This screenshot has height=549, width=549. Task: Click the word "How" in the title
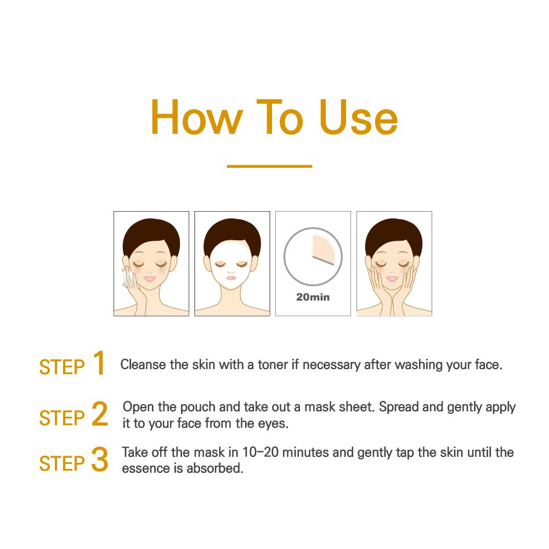pos(197,117)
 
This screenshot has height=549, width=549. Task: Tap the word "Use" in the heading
pos(359,117)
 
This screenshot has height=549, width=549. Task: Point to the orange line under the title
pos(270,166)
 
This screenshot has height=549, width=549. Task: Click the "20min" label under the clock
pos(313,297)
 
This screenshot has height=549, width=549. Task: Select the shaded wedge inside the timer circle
pos(322,249)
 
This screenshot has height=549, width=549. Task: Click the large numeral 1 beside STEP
pos(99,363)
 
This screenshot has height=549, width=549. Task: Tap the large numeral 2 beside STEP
pos(99,414)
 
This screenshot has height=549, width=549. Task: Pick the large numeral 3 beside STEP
pos(99,459)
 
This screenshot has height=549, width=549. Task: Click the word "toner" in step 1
pos(273,365)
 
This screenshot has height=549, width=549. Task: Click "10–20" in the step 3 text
pos(261,452)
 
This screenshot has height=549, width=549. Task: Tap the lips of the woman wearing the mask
pos(231,278)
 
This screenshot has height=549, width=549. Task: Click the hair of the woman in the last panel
pos(394,233)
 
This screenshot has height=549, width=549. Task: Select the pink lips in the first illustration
pos(150,279)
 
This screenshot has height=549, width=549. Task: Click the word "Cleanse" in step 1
pos(143,365)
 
